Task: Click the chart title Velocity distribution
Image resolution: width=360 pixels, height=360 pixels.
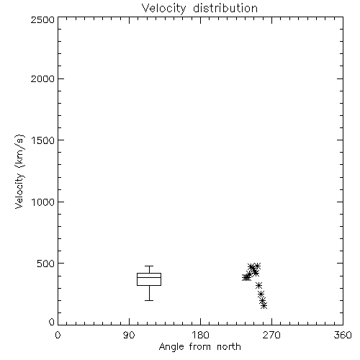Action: [199, 9]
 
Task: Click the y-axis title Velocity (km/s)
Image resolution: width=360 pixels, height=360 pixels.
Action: [19, 171]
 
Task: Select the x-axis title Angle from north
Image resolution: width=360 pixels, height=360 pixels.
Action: [199, 347]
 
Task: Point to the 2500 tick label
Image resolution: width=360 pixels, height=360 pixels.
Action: [42, 19]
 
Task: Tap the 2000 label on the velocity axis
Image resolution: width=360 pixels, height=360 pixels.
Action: [42, 78]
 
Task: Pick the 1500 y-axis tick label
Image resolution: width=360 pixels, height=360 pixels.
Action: [43, 140]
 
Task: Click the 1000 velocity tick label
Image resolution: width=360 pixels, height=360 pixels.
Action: [43, 202]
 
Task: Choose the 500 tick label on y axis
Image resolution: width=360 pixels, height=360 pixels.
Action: [46, 264]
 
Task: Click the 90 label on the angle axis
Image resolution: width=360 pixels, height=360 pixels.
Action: [129, 335]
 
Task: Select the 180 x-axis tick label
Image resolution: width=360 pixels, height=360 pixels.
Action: [200, 335]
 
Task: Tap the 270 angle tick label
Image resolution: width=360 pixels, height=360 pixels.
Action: [271, 335]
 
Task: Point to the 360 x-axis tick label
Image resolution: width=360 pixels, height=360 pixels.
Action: [343, 335]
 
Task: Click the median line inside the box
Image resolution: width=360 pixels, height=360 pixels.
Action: [149, 277]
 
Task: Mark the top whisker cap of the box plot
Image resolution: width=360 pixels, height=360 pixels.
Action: [149, 266]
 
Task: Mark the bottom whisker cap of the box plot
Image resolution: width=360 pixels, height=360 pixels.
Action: [149, 300]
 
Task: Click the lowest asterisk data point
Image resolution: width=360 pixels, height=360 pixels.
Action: [264, 306]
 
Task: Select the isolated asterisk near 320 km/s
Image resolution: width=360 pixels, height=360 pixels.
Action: [258, 285]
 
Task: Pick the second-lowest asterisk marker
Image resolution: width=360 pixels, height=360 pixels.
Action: [263, 300]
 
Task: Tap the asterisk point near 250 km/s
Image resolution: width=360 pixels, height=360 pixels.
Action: [261, 294]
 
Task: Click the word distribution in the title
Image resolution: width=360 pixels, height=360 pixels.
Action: [225, 9]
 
